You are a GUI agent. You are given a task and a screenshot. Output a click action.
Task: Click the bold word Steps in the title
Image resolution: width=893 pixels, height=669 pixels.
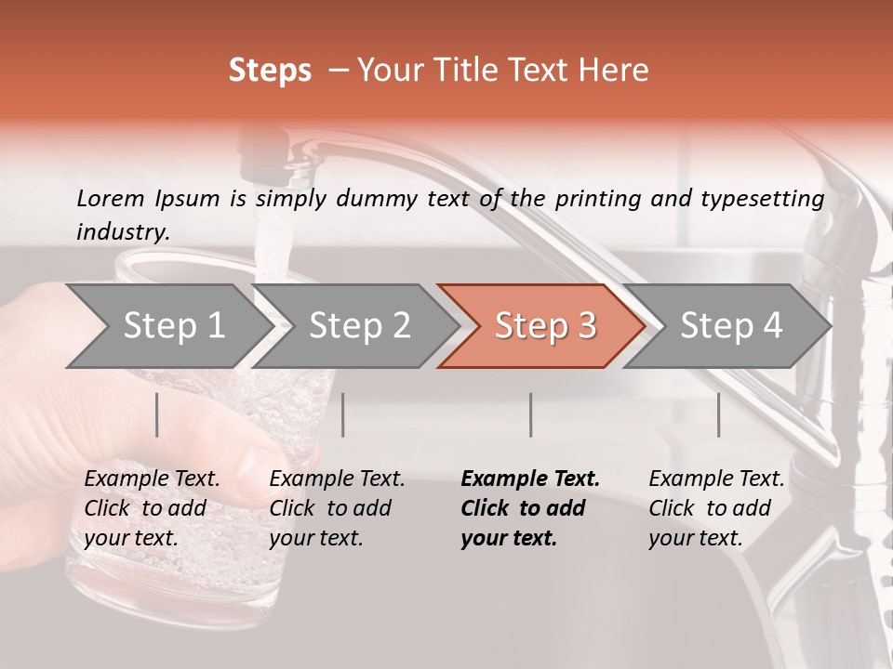tap(270, 71)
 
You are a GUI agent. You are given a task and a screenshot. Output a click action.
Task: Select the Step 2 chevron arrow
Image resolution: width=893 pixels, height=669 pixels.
tap(357, 326)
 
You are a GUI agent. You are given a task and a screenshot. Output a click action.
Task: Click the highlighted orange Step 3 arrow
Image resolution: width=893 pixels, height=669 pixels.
tap(543, 326)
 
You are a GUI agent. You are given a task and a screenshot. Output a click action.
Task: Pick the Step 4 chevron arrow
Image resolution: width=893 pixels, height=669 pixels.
tap(729, 326)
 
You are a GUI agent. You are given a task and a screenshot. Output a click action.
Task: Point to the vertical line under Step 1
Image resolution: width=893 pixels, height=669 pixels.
tap(157, 414)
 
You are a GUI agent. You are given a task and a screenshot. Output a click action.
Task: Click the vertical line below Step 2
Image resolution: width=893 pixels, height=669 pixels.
tap(343, 414)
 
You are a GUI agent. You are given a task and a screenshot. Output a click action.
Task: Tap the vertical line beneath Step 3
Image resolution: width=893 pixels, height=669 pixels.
tap(531, 414)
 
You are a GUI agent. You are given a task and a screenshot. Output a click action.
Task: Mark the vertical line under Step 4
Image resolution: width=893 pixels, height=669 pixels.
tap(719, 414)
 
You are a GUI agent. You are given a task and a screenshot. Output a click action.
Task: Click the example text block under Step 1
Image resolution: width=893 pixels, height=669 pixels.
tap(152, 508)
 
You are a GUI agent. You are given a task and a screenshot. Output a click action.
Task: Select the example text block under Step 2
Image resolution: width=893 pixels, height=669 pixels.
tap(337, 508)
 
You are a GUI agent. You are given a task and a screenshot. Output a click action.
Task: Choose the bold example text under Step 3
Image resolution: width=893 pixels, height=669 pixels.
tap(530, 508)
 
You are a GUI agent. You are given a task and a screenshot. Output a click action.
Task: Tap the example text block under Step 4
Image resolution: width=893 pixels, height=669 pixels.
tap(716, 508)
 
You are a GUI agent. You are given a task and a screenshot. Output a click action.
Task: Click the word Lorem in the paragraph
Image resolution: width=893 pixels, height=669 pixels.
tap(111, 198)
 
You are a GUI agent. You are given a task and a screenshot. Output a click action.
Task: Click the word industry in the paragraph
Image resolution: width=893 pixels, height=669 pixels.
tap(122, 232)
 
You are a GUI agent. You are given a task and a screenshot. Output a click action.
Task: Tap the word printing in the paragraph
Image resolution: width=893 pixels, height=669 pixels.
tap(595, 199)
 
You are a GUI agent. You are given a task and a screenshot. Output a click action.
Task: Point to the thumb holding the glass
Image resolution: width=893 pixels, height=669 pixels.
tap(270, 465)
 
